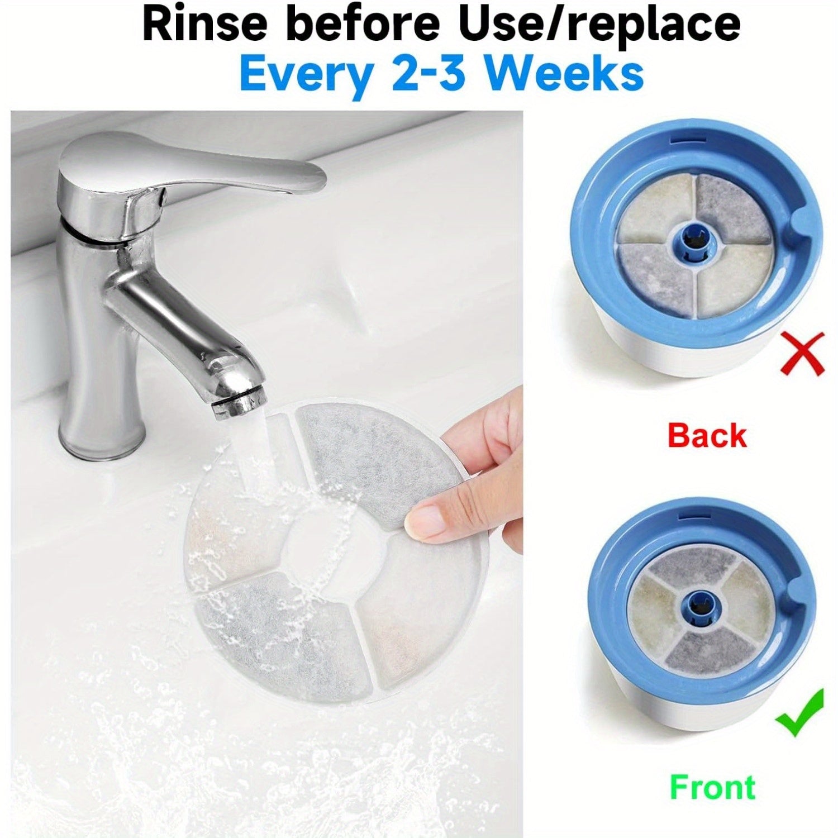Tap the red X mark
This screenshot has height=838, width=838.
803,353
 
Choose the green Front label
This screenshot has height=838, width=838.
712,787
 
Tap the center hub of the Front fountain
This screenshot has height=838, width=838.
698,604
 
